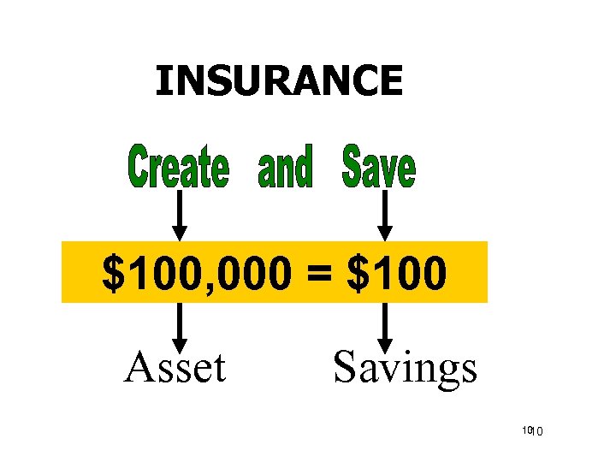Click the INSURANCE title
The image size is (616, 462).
point(278,81)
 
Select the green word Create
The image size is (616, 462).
point(179,168)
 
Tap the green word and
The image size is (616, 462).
point(285,168)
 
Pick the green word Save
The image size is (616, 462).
point(378,168)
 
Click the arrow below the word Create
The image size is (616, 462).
point(179,216)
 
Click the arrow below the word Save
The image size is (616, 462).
point(385,216)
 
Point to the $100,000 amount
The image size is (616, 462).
point(194,274)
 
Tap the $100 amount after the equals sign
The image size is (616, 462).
point(396,274)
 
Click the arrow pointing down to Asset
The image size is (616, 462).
point(179,329)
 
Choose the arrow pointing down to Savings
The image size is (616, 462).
point(385,329)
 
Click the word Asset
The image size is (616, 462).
point(175,368)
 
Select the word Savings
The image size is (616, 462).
point(405,368)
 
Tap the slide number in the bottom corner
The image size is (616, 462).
point(534,430)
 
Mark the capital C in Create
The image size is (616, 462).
point(139,168)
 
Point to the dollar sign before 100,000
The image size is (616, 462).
point(112,274)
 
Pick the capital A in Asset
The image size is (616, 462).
point(139,368)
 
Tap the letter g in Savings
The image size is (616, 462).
point(444,372)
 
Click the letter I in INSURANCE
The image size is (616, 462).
point(162,81)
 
